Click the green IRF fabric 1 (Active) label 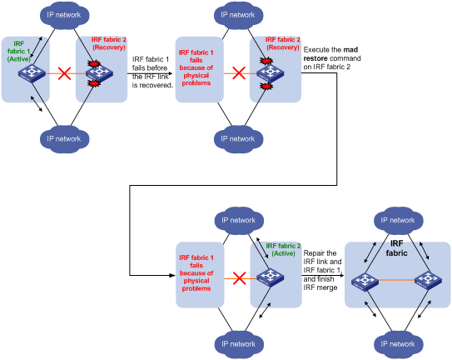click(19, 52)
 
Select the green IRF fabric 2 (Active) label click(283, 250)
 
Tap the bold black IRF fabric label click(397, 248)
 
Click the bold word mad click(350, 50)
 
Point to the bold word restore click(315, 58)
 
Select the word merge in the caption click(327, 287)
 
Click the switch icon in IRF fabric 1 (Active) click(32, 73)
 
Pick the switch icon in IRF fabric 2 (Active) click(270, 277)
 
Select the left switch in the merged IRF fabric click(365, 282)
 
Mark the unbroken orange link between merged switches click(396, 280)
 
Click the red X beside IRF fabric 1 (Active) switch click(64, 73)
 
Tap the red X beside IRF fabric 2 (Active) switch click(239, 278)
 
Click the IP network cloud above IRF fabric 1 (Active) click(64, 15)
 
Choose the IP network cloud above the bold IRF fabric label click(398, 220)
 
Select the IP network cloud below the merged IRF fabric click(398, 344)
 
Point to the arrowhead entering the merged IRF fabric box click(342, 275)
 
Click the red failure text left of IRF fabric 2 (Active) click(196, 273)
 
